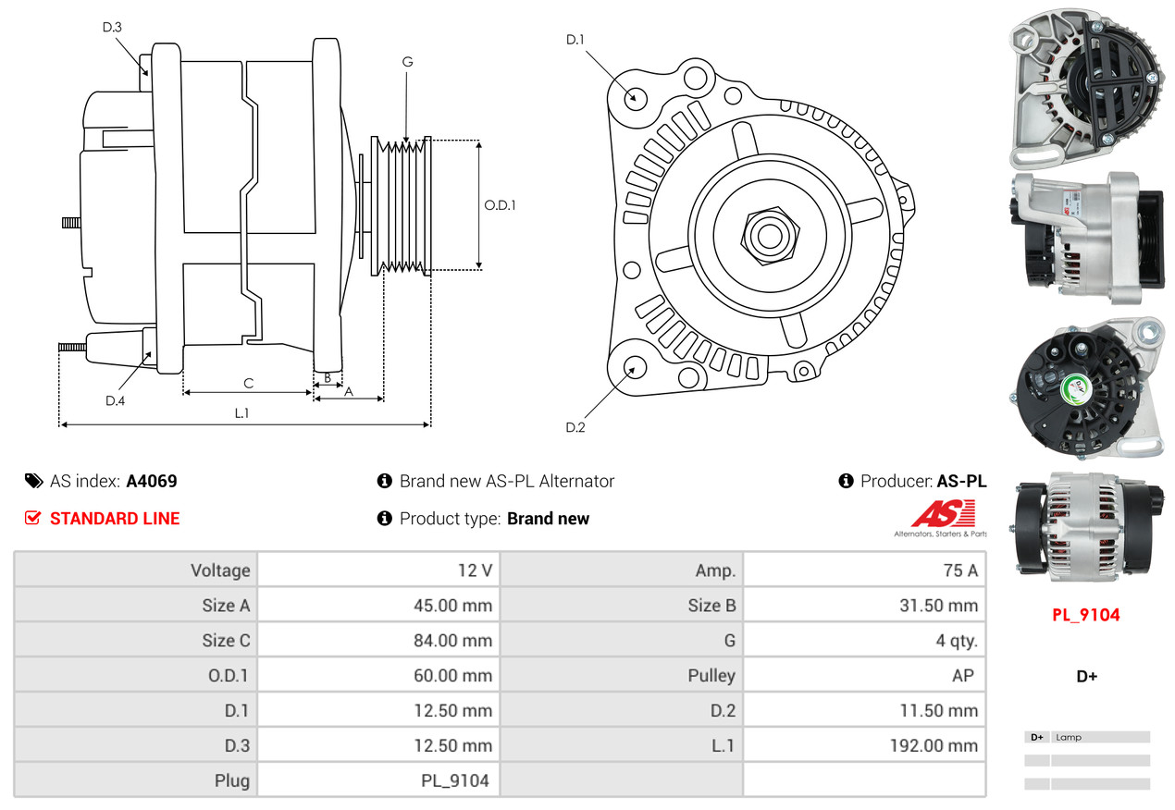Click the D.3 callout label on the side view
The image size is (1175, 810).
click(x=112, y=27)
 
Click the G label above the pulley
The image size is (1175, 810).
click(x=407, y=62)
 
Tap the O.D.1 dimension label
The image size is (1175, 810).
click(x=500, y=205)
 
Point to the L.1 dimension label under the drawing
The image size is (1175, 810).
click(x=241, y=413)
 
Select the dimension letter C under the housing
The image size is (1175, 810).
click(x=248, y=383)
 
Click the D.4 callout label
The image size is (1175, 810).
click(x=115, y=400)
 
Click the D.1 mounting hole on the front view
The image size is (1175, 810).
click(x=635, y=96)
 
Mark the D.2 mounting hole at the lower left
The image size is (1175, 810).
click(x=634, y=368)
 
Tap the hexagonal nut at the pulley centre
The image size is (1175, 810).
click(x=766, y=234)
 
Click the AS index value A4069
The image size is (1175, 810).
click(x=152, y=481)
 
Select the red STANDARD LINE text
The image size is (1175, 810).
click(x=115, y=519)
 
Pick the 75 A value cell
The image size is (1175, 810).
click(x=959, y=571)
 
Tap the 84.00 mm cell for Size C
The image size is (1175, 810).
click(x=452, y=641)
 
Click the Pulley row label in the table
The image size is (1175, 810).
click(x=711, y=676)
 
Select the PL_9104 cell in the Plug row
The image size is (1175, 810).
click(x=454, y=780)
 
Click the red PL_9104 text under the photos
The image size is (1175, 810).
click(x=1085, y=615)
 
